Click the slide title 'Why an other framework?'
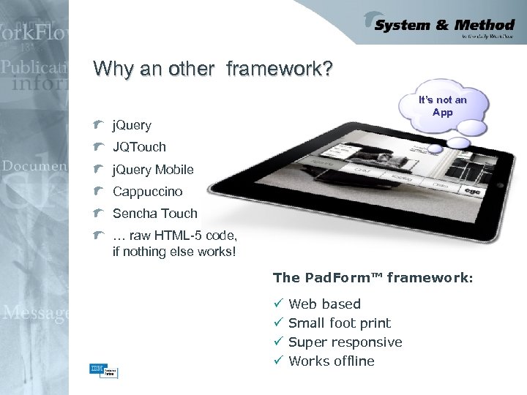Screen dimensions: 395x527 coord(213,69)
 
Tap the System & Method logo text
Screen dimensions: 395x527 coord(444,26)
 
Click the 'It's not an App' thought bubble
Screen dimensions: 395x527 coord(442,106)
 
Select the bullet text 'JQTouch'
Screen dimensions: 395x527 coord(139,147)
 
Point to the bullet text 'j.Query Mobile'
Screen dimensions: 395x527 coord(153,170)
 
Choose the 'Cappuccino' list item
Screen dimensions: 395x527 coord(148,192)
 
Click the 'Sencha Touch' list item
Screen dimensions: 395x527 coord(155,214)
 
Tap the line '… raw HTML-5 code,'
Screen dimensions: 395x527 coord(175,236)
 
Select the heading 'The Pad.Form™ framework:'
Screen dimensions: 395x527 coord(373,278)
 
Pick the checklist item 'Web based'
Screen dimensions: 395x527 coord(324,304)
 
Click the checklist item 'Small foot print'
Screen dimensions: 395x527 coord(340,323)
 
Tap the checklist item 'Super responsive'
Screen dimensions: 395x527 coord(345,342)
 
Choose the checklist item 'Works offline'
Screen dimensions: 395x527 coord(332,361)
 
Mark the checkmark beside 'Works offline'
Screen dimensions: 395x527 coord(277,361)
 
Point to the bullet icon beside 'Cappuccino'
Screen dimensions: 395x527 coord(99,192)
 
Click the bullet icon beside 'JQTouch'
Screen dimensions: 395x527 coord(99,147)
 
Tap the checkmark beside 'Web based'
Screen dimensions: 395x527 coord(277,304)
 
